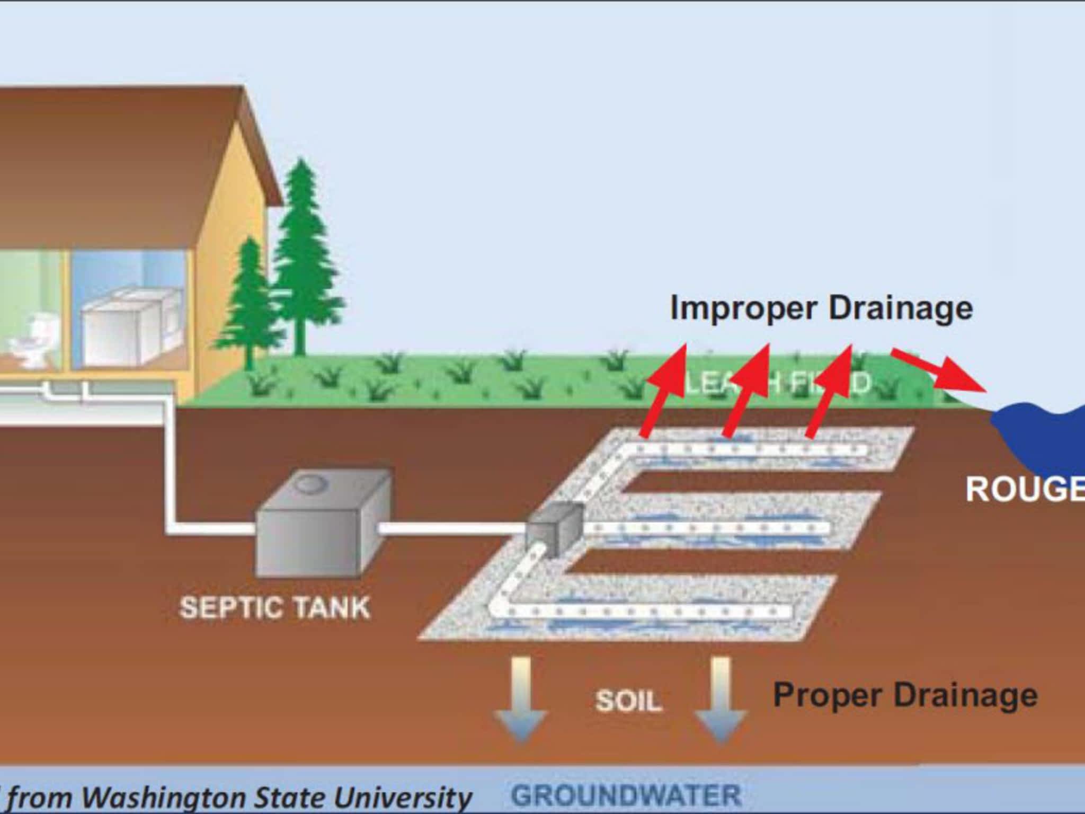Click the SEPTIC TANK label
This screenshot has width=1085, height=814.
click(x=274, y=607)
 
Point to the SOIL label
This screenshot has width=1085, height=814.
click(x=629, y=701)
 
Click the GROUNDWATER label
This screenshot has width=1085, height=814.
click(x=626, y=795)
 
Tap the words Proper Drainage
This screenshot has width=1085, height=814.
click(x=905, y=695)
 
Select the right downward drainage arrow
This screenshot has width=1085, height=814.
click(x=720, y=700)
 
